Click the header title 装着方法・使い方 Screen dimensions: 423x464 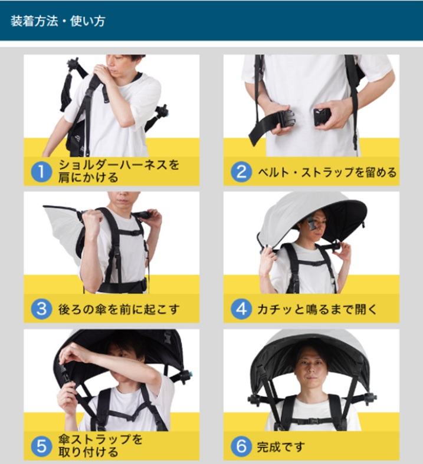click(58, 21)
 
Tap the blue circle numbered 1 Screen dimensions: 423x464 click(41, 171)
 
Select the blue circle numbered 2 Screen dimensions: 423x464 click(241, 171)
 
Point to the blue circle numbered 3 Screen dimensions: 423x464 click(41, 309)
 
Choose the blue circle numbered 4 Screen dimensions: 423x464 click(241, 309)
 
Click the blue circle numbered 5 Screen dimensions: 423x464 click(41, 446)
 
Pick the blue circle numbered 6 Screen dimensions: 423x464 click(241, 446)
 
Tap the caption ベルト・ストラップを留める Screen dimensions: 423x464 click(327, 172)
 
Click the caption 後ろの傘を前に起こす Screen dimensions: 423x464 click(119, 310)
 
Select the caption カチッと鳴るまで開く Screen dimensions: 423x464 click(317, 310)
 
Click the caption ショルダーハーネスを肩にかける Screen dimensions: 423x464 click(119, 171)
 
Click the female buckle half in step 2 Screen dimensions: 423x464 click(322, 117)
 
